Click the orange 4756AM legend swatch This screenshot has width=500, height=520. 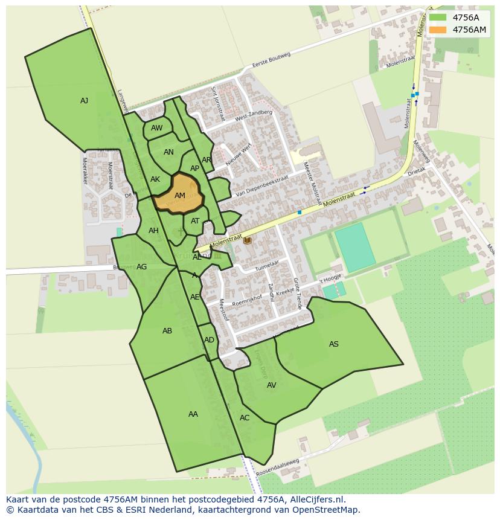click(x=438, y=30)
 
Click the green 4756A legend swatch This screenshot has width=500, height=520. click(x=438, y=18)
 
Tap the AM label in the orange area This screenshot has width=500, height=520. click(x=180, y=196)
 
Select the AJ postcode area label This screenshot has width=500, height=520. click(x=85, y=101)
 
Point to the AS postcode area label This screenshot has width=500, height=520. click(x=334, y=344)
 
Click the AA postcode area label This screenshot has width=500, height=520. click(x=193, y=414)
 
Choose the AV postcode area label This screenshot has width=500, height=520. click(x=272, y=385)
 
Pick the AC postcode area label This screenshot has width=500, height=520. click(x=245, y=418)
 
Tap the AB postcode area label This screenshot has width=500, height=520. click(x=167, y=331)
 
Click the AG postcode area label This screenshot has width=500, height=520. click(x=142, y=267)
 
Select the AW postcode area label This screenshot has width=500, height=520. click(x=157, y=128)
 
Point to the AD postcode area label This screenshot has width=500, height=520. click(x=209, y=340)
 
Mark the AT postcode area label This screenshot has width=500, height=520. click(x=195, y=221)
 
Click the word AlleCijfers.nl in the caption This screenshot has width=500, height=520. click(x=315, y=499)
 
